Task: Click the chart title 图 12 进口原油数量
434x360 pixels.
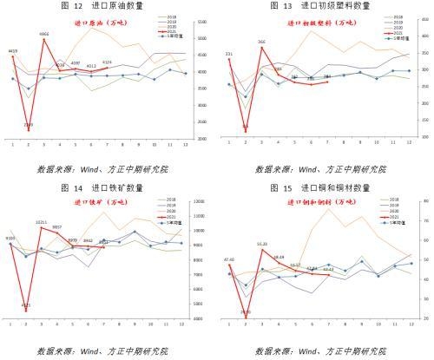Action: [x=108, y=6]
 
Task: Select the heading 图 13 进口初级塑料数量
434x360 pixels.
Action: [x=325, y=6]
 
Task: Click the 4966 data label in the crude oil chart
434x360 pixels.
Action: [x=44, y=35]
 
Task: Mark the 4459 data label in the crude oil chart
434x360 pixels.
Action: [x=13, y=52]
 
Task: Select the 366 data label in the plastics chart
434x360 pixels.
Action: [x=261, y=42]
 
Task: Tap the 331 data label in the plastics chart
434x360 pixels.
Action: [x=229, y=55]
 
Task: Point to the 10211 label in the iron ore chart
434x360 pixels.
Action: [x=42, y=223]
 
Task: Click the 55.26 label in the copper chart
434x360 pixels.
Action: [x=261, y=245]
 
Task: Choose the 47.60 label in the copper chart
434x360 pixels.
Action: [x=229, y=259]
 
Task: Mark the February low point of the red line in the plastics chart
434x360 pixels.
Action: [x=245, y=130]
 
